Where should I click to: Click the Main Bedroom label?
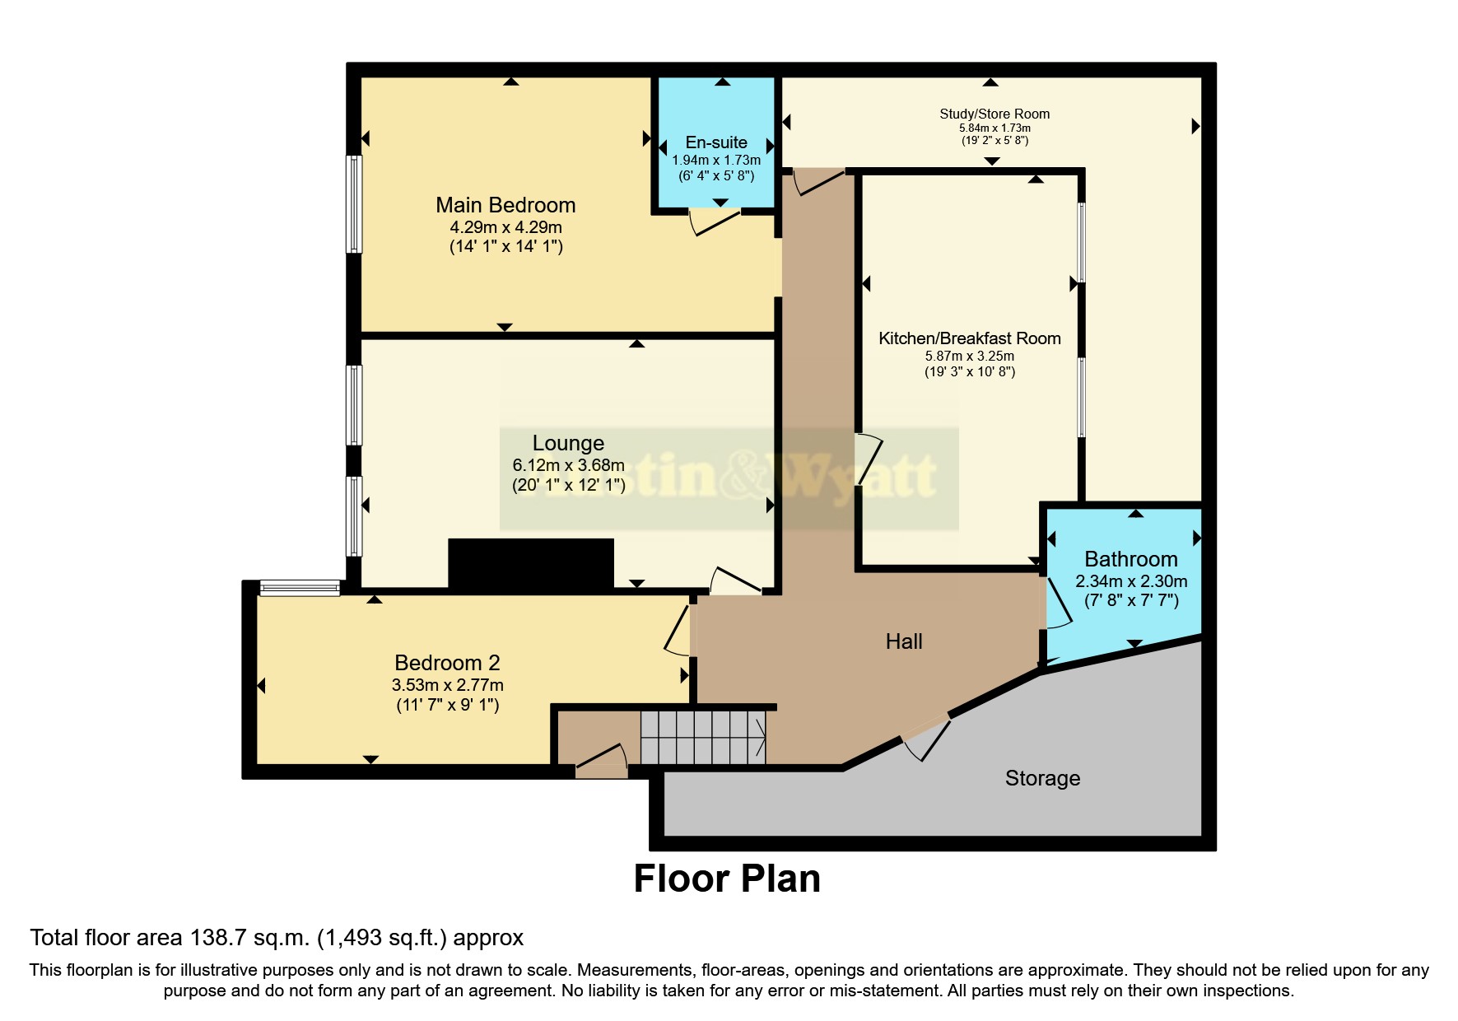click(505, 205)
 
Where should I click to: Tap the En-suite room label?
click(716, 142)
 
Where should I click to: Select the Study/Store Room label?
click(995, 114)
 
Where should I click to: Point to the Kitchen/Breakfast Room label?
click(970, 338)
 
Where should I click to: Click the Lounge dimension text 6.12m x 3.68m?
click(569, 465)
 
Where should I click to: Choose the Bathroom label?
click(1131, 559)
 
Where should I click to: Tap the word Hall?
click(904, 641)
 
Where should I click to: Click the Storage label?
click(1042, 778)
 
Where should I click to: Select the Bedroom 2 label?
click(447, 663)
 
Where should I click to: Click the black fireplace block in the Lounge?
click(531, 563)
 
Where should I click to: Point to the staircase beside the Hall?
click(703, 738)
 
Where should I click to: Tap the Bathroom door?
click(1059, 603)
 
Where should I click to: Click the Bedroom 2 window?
click(300, 588)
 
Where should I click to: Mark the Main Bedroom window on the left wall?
click(353, 203)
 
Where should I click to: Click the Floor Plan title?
click(727, 879)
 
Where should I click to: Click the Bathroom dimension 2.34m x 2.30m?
click(1131, 581)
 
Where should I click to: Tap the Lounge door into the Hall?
click(735, 580)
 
